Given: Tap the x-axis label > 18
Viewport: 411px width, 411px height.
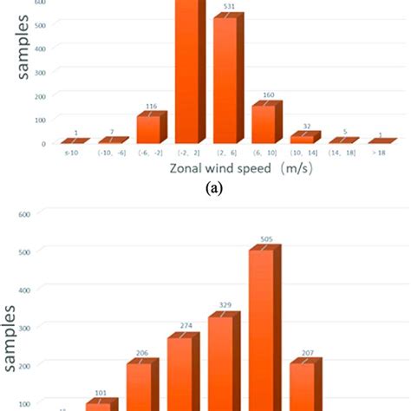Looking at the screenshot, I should pyautogui.click(x=379, y=153).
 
